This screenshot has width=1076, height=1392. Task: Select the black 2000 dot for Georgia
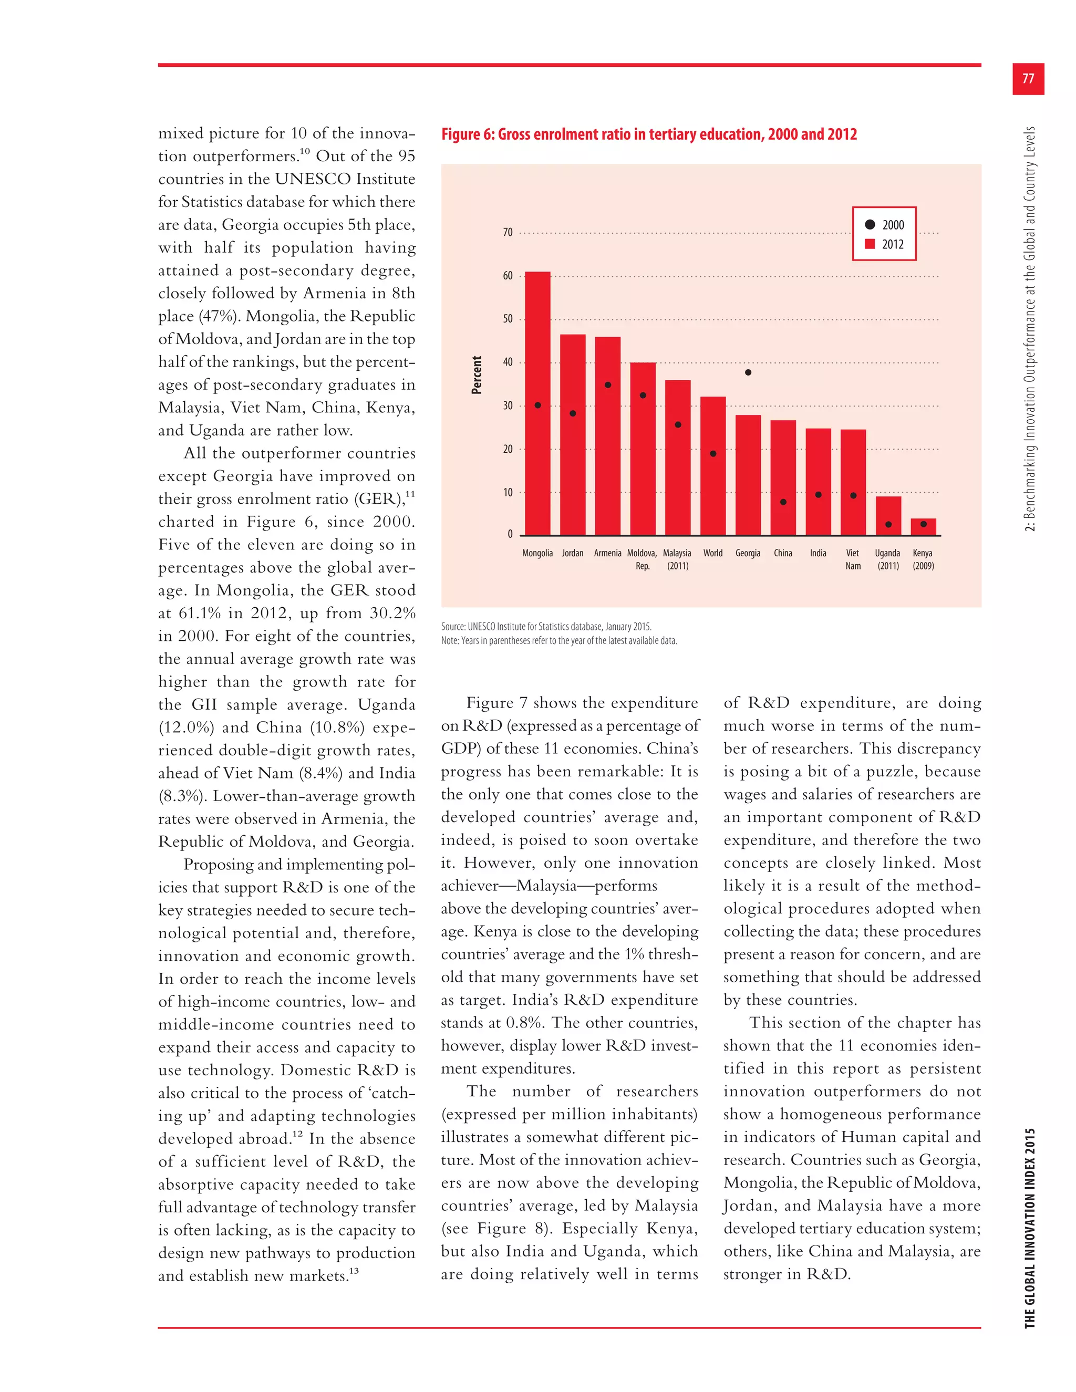[x=748, y=372]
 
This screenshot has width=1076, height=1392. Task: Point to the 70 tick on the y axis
[x=508, y=233]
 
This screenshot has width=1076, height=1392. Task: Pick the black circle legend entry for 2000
[x=870, y=224]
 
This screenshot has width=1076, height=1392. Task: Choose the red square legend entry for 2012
[x=870, y=244]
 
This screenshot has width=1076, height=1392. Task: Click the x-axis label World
[x=712, y=553]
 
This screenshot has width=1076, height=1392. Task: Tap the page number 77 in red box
[x=1028, y=79]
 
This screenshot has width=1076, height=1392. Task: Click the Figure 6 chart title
[x=649, y=134]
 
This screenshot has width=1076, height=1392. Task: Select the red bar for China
[x=783, y=477]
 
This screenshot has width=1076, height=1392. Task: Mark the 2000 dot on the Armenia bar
[x=607, y=385]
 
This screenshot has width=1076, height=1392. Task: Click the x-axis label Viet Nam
[x=853, y=559]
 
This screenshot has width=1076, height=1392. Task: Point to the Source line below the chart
[x=546, y=627]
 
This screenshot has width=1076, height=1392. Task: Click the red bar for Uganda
[x=888, y=516]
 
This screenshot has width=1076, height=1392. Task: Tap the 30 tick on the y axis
[x=508, y=406]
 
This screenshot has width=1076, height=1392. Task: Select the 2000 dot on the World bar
[x=712, y=454]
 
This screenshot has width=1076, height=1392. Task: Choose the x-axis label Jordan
[x=573, y=553]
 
